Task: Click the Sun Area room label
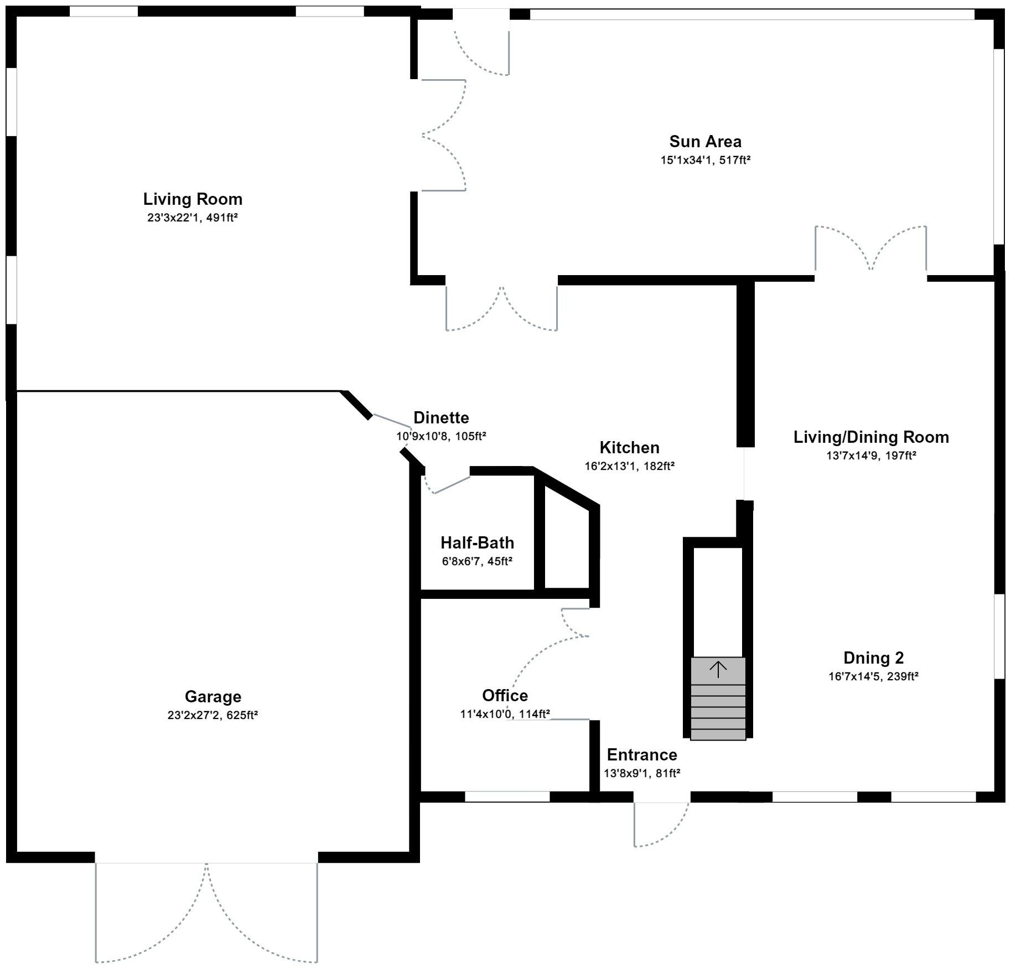705,142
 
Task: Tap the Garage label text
212,696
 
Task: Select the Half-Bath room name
477,542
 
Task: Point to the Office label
505,695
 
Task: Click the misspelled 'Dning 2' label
873,658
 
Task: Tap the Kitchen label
629,447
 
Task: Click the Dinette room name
441,417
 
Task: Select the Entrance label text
641,754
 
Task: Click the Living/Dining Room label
871,437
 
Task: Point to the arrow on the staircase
718,669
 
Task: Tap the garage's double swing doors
206,913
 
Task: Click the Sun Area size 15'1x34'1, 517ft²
705,160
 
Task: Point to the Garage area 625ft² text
242,715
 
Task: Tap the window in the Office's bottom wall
507,796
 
